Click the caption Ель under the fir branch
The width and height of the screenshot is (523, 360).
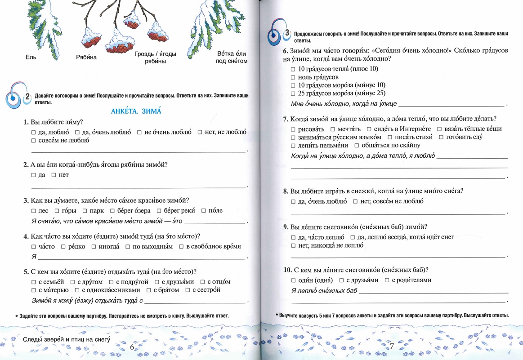(x=31, y=57)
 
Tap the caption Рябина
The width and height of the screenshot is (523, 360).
(x=86, y=58)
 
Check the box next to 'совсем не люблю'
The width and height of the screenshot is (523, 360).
(x=34, y=141)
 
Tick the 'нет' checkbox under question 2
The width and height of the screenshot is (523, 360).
(x=54, y=175)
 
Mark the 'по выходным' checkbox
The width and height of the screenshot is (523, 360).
(x=128, y=247)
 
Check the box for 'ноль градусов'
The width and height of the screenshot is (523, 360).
(x=293, y=77)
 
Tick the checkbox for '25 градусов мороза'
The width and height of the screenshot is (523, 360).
(x=293, y=93)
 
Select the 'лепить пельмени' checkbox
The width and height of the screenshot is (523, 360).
(x=293, y=146)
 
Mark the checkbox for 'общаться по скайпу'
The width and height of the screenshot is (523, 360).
(x=357, y=146)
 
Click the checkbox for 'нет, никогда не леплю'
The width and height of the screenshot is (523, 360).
(x=293, y=246)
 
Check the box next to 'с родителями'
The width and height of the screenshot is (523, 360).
(x=387, y=280)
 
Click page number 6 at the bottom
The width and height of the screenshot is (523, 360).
(x=132, y=347)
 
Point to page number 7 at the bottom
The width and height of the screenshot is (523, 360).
(x=391, y=346)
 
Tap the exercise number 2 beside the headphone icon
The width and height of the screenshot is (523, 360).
(x=27, y=96)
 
